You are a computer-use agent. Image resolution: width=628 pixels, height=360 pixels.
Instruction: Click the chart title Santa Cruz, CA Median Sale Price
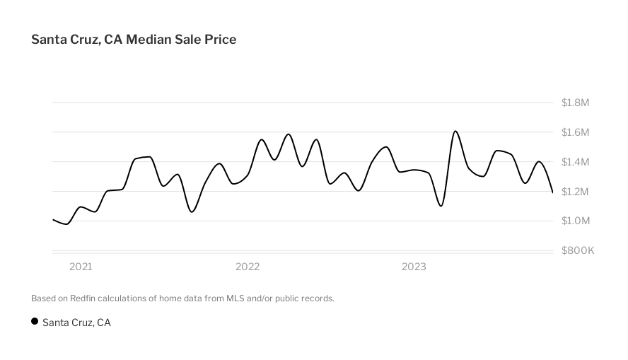(134, 40)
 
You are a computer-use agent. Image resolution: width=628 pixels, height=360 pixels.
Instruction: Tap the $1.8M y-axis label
(575, 103)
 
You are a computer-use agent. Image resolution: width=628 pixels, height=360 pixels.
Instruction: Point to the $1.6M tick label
(575, 132)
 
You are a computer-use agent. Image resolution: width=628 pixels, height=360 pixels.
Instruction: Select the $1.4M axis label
(575, 162)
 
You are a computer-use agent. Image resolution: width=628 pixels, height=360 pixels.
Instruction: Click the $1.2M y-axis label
(575, 192)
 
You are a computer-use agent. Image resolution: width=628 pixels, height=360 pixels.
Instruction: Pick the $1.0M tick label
(575, 221)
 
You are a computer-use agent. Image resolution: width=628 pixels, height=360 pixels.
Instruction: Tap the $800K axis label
(577, 250)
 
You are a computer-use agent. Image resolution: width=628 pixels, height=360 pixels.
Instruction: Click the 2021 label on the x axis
(81, 267)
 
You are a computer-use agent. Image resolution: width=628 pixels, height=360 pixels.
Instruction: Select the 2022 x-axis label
(248, 267)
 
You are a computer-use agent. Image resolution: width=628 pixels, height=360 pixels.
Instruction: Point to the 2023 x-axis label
(414, 267)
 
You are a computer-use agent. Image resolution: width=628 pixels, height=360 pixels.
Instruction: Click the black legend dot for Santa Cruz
(35, 322)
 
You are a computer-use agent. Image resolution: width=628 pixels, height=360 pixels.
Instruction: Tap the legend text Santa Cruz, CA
(76, 323)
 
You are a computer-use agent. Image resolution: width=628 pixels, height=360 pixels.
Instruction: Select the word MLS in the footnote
(235, 298)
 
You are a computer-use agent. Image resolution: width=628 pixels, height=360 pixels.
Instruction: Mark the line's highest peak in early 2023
(455, 132)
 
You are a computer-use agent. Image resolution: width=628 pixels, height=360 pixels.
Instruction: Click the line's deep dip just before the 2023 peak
(441, 205)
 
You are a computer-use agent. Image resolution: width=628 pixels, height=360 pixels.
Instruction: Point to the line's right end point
(552, 192)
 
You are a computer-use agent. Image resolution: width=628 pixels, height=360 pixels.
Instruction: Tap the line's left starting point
(53, 219)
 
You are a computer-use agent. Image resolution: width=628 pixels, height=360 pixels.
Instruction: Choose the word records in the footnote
(318, 298)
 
